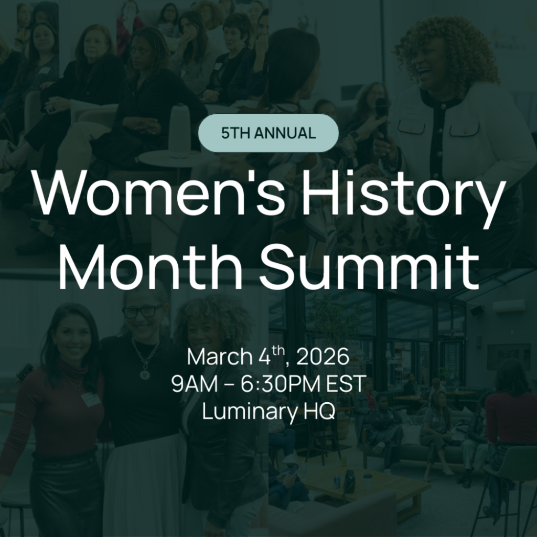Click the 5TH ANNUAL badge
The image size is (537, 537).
tap(268, 133)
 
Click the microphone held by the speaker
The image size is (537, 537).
tap(382, 111)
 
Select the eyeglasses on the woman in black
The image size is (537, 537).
tap(142, 312)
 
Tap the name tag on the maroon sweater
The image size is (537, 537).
tap(91, 400)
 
